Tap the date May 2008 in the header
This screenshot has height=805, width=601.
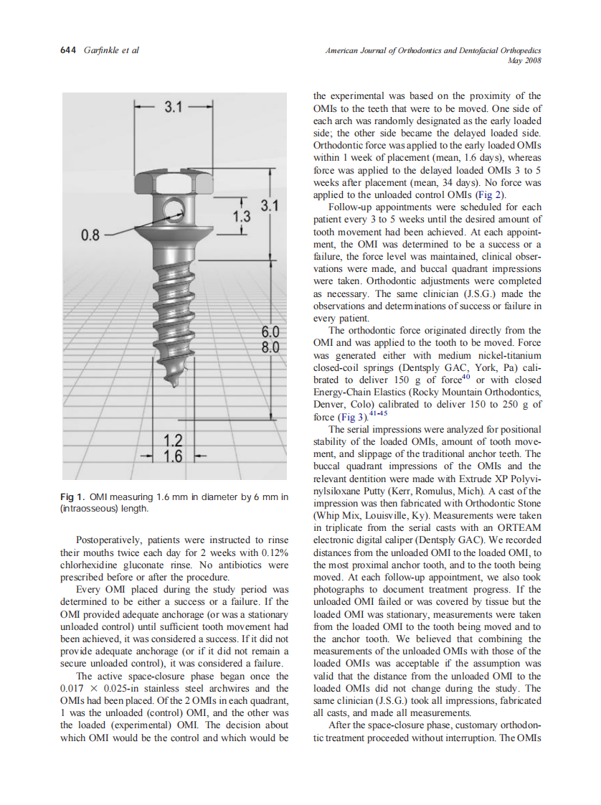tap(526, 61)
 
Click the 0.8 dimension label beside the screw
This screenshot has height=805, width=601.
tap(93, 234)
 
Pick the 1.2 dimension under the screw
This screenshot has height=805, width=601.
tap(172, 441)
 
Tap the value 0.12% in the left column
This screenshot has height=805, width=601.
tap(274, 552)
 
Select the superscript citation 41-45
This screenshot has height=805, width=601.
tap(379, 413)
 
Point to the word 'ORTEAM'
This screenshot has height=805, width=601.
tap(517, 527)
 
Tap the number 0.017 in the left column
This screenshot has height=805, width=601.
tap(75, 689)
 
